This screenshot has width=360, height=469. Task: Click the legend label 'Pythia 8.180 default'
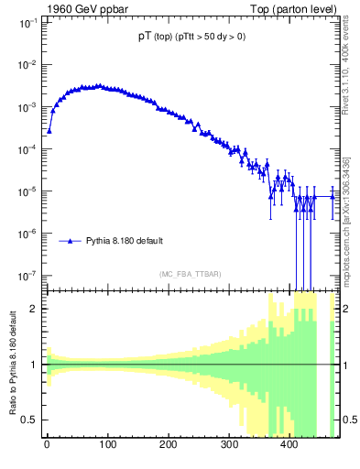pyautogui.click(x=125, y=241)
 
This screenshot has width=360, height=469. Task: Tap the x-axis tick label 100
pyautogui.click(x=107, y=445)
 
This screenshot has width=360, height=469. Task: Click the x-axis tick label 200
pyautogui.click(x=168, y=445)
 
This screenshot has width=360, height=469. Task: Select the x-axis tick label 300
pyautogui.click(x=229, y=445)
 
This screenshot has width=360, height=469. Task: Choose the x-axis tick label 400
pyautogui.click(x=289, y=445)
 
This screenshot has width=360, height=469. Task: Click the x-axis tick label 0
pyautogui.click(x=47, y=445)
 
